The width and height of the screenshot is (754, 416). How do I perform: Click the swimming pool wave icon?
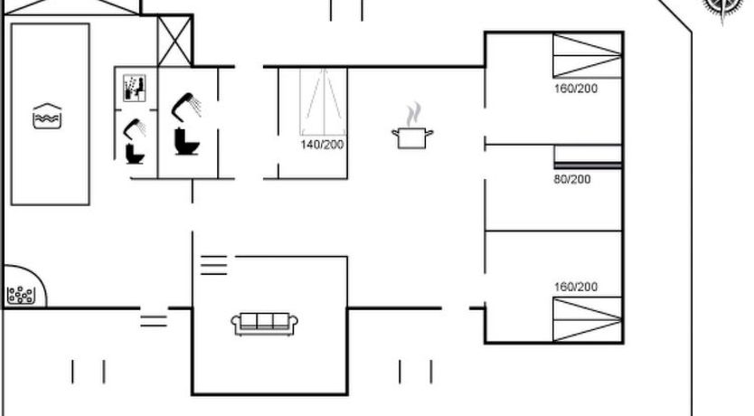click(47, 116)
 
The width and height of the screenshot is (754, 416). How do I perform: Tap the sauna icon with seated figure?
click(134, 88)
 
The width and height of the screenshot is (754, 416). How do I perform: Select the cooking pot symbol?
click(412, 137)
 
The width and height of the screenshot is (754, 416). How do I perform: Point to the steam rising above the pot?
click(412, 114)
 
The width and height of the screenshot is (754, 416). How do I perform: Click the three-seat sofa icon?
click(265, 323)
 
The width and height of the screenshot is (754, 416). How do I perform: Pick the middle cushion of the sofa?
click(265, 320)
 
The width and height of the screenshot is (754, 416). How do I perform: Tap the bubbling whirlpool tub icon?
click(21, 295)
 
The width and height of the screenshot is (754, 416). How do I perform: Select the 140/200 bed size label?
click(322, 145)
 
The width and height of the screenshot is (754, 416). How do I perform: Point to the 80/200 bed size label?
click(572, 179)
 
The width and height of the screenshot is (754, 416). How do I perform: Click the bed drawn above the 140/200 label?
click(324, 102)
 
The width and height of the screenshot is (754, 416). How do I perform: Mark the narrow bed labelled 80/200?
click(588, 156)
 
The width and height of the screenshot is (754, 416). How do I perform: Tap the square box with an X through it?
click(174, 41)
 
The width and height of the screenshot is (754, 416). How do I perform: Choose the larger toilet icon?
click(186, 141)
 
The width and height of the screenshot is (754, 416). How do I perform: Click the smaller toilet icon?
click(135, 154)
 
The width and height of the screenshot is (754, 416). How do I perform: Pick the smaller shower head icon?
click(135, 128)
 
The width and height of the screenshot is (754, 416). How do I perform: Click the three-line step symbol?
click(214, 265)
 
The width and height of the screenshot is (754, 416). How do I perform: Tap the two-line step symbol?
click(154, 321)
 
